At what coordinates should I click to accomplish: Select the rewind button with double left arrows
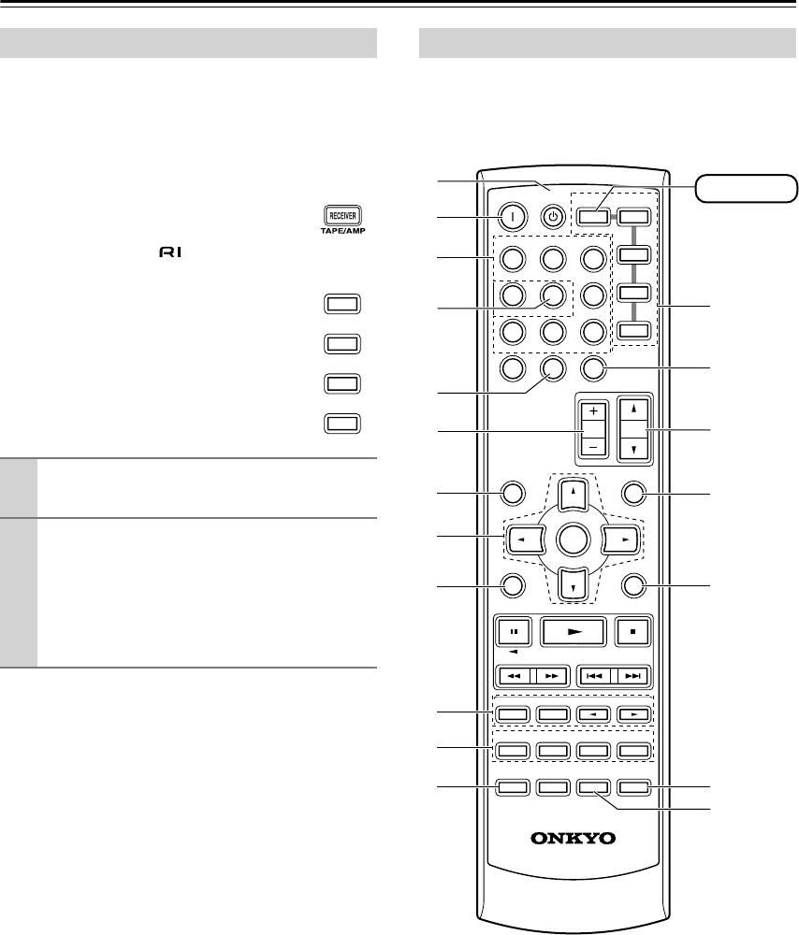(514, 677)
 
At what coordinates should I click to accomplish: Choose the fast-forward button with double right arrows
(549, 677)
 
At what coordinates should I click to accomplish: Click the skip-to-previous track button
(595, 677)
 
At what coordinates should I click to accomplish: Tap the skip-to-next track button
(632, 677)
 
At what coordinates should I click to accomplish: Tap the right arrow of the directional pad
(620, 540)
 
